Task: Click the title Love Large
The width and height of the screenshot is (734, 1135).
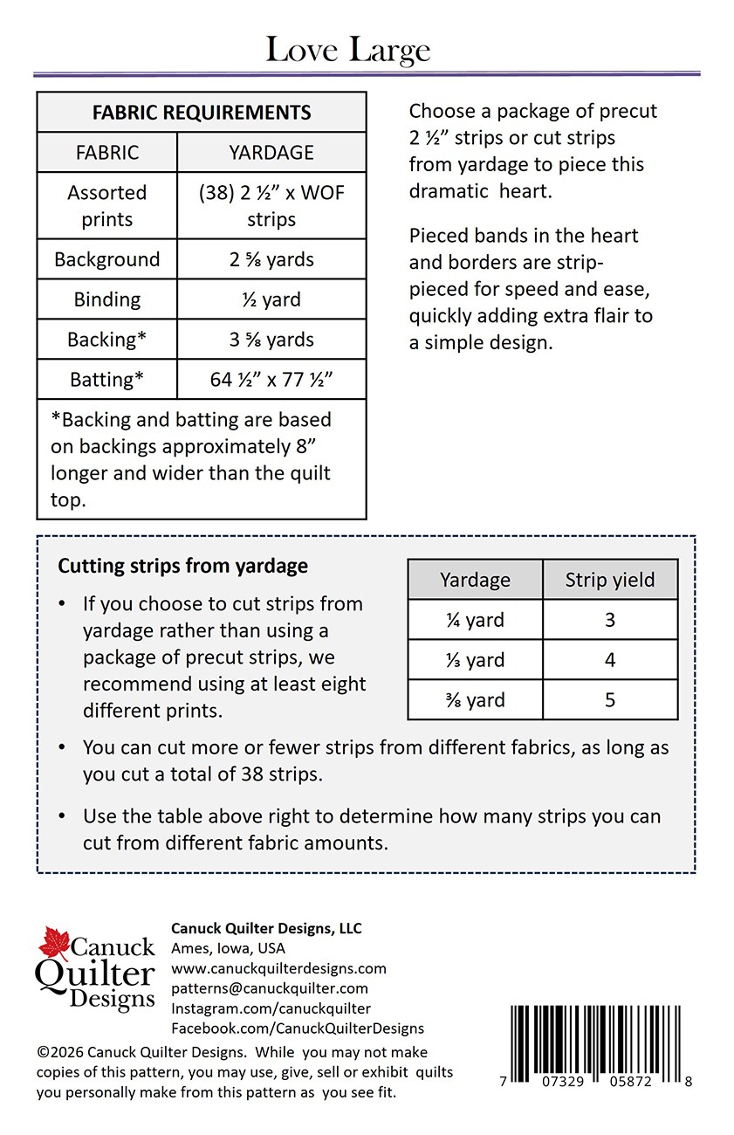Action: [347, 50]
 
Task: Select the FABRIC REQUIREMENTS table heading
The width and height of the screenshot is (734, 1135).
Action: [202, 113]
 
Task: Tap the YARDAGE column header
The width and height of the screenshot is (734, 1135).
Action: [271, 153]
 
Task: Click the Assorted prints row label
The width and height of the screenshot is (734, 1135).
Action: [107, 205]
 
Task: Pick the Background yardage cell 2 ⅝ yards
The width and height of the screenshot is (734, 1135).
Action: [271, 259]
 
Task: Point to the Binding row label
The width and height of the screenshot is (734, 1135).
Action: [107, 299]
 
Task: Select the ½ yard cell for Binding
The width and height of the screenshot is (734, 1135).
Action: [271, 299]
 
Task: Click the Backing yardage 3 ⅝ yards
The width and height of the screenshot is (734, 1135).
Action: [271, 340]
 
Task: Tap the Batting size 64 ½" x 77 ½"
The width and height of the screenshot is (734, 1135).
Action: [271, 380]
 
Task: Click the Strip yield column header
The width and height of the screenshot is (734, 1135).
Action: [609, 580]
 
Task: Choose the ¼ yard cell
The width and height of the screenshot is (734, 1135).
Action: [475, 620]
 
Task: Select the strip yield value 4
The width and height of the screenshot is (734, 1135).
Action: [610, 660]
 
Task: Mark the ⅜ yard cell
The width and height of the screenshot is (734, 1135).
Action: [475, 700]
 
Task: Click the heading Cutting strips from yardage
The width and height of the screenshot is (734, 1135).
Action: [182, 566]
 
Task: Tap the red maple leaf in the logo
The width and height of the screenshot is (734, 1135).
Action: [54, 944]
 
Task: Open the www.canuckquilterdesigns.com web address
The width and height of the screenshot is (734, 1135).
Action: [278, 968]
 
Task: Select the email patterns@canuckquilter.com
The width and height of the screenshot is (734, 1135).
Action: [270, 988]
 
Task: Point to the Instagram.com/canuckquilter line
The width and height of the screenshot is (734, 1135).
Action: [271, 1008]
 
